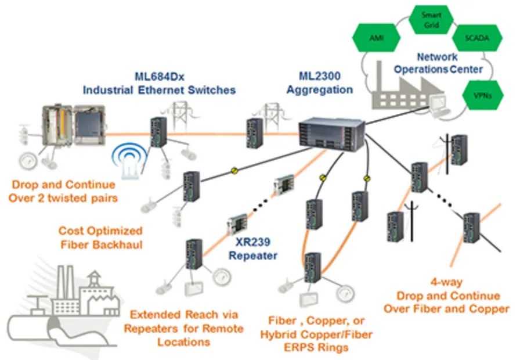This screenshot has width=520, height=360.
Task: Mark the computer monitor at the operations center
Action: [x=438, y=104]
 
